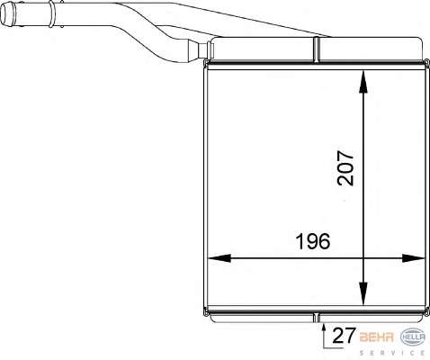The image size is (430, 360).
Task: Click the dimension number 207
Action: (345, 167)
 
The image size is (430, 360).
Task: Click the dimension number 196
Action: (313, 241)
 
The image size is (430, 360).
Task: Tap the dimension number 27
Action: (344, 335)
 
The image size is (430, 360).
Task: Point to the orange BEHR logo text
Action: (376, 337)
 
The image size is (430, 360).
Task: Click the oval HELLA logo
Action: (413, 337)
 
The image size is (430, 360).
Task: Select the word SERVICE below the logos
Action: (392, 353)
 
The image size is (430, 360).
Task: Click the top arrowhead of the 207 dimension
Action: (363, 83)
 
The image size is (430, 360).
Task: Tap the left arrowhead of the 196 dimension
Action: (219, 258)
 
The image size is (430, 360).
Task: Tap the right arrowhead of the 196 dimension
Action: (413, 258)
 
